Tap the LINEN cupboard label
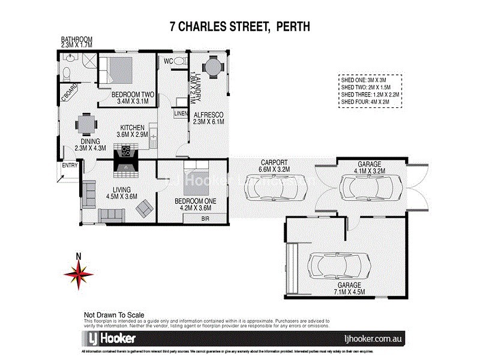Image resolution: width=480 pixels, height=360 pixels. (181, 113)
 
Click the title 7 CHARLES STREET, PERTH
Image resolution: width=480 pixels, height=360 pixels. (239, 27)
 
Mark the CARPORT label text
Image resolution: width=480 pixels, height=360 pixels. (274, 163)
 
